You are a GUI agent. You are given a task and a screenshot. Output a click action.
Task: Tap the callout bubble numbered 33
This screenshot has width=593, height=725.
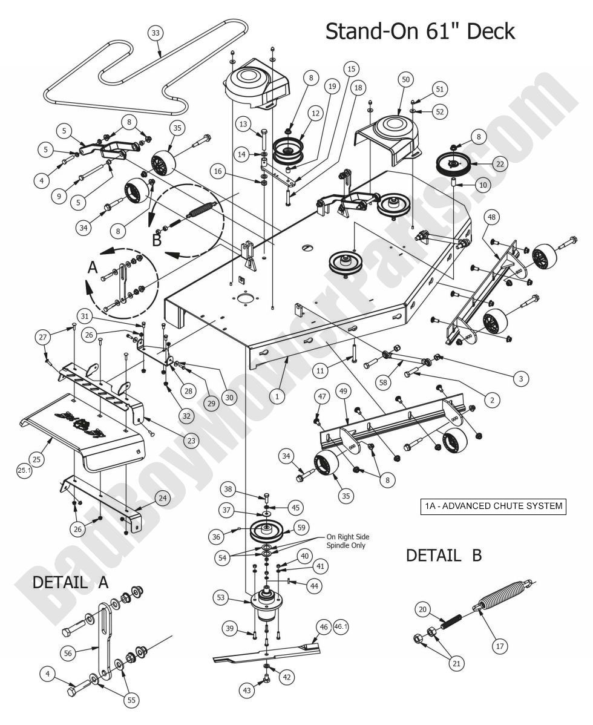156,33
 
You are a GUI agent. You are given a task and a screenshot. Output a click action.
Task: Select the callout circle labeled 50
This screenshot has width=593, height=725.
405,79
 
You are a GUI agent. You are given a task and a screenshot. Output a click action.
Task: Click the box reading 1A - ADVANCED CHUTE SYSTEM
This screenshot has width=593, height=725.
492,506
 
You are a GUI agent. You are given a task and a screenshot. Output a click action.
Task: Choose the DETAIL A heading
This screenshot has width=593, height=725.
70,582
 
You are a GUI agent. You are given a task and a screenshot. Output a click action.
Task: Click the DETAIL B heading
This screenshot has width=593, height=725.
444,555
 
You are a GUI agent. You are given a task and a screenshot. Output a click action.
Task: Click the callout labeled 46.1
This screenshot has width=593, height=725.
341,627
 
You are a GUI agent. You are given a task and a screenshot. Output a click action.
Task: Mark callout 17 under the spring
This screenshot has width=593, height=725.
500,646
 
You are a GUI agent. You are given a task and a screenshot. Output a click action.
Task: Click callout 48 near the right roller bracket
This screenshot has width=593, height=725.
491,217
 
